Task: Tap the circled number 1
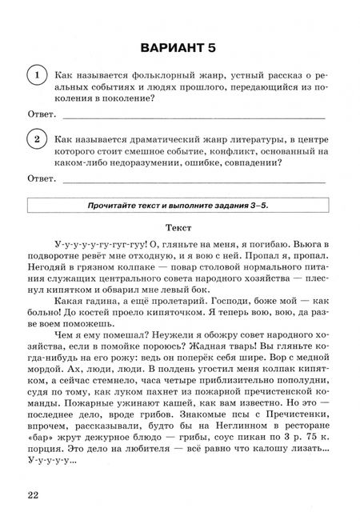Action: pos(36,75)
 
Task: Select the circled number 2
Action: pos(36,139)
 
